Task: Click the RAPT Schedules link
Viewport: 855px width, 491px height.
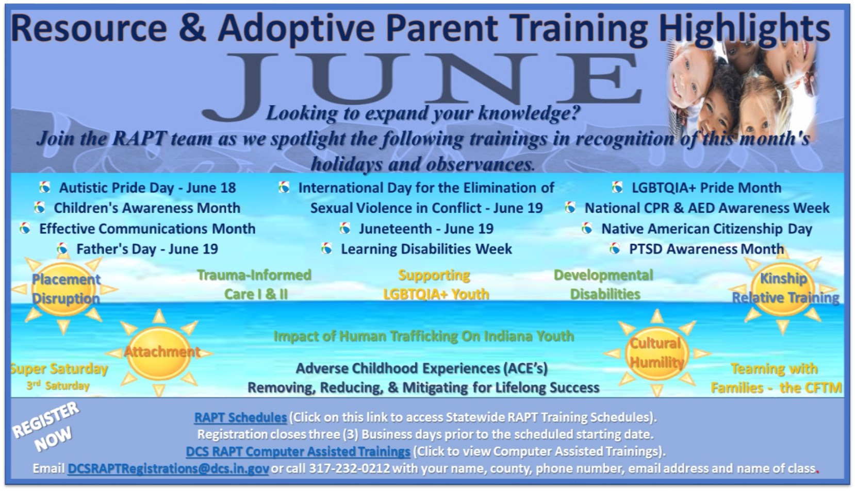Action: pos(240,417)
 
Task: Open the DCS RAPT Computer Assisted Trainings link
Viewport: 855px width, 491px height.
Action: pos(298,451)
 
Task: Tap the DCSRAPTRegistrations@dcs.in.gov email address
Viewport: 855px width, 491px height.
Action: pos(168,468)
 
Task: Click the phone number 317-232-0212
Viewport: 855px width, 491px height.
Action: pos(349,468)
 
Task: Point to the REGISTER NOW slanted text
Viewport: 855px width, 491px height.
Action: pos(46,428)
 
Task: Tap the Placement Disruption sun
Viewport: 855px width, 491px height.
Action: pos(64,290)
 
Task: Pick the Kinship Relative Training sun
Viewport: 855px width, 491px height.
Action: pos(782,289)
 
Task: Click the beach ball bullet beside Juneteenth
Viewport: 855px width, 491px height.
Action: pos(344,228)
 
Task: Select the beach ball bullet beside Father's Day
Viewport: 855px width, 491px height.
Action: pos(62,249)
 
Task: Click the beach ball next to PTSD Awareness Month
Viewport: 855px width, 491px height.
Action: pos(615,249)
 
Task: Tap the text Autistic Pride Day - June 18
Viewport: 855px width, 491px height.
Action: pos(147,188)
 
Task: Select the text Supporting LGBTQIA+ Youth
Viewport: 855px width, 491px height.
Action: pos(436,285)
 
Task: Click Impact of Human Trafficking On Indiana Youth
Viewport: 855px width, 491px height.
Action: pos(424,336)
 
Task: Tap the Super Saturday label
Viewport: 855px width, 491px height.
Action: pos(59,368)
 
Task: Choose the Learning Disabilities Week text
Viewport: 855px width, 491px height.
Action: pos(426,249)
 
